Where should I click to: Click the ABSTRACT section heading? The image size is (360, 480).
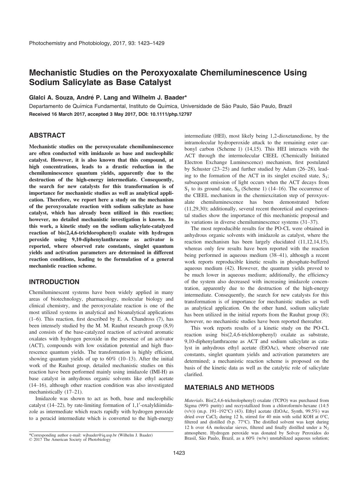[x=47, y=136]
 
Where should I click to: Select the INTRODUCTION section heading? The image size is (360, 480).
[x=54, y=282]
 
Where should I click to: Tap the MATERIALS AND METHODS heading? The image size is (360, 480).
[x=229, y=388]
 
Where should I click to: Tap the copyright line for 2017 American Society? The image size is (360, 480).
[x=70, y=440]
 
